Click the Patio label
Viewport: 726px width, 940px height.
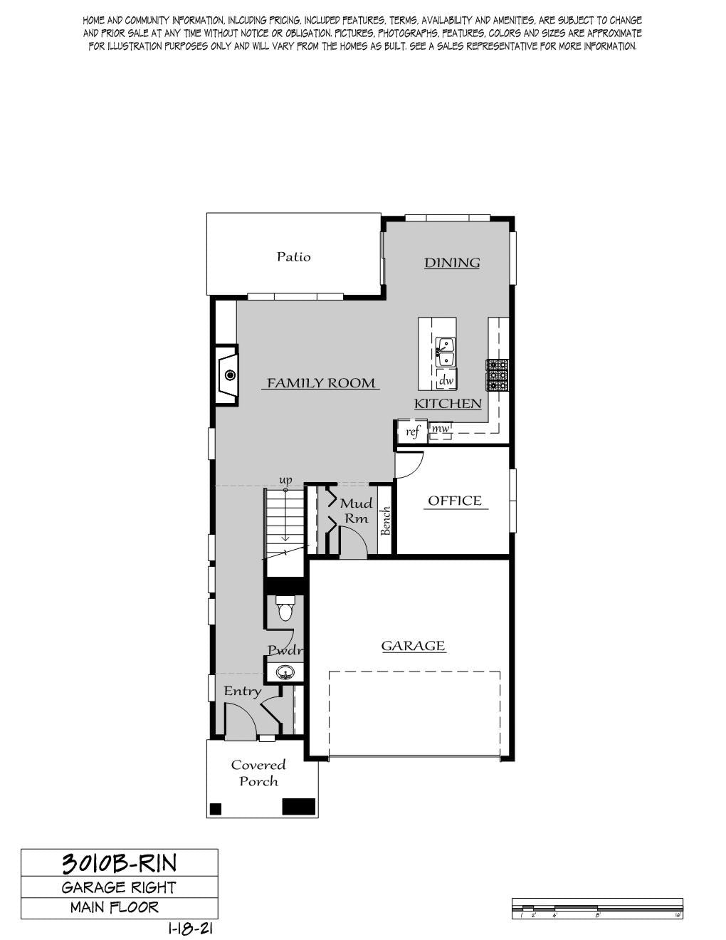click(293, 257)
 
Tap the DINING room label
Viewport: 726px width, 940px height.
click(452, 263)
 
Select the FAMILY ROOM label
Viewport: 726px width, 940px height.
click(321, 383)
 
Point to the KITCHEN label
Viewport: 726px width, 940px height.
click(448, 404)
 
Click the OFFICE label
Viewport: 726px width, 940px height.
click(455, 501)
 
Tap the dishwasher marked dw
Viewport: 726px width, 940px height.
click(446, 380)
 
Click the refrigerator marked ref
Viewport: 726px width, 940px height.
click(413, 431)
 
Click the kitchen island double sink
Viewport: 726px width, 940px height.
click(445, 352)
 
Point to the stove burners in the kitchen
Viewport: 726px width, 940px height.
click(498, 375)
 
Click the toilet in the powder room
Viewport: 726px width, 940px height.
click(285, 607)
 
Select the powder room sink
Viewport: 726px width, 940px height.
click(285, 672)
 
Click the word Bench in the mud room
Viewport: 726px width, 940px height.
click(385, 521)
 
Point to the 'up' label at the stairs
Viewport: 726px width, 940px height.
click(286, 480)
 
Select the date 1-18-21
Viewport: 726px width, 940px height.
click(190, 929)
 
